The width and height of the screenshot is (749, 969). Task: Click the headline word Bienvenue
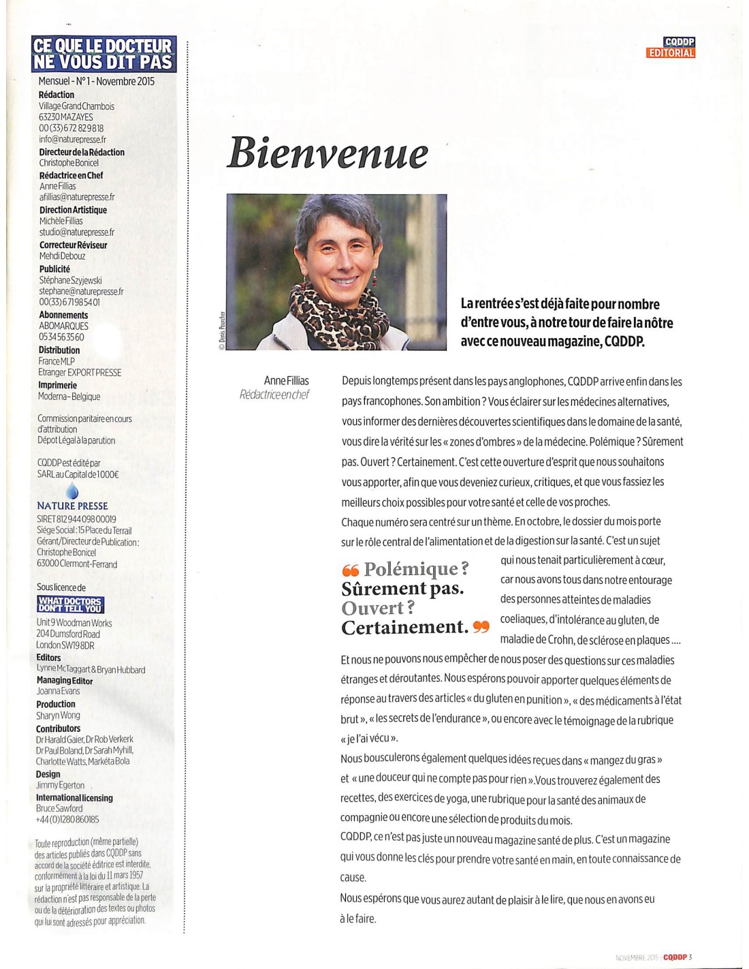coord(327,153)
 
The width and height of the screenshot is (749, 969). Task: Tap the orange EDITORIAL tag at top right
coord(671,53)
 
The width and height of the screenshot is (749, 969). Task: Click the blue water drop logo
coord(72,491)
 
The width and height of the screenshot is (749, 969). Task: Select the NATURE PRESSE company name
coord(72,506)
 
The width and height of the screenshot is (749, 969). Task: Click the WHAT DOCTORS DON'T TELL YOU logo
coord(70,604)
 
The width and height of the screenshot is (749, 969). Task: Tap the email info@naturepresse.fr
coord(72,139)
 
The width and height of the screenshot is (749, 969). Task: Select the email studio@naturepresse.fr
coord(76,232)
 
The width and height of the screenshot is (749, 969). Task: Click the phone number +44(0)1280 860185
coord(67,819)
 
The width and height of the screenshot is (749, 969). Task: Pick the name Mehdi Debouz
coord(63,256)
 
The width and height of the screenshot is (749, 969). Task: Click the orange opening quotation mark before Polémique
coord(350,570)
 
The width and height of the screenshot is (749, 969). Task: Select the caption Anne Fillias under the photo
coord(286,381)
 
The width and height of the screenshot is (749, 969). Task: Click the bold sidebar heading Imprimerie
coord(57,385)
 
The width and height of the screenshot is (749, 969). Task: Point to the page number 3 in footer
coord(690,957)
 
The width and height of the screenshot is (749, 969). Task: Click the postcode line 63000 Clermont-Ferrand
coord(77,564)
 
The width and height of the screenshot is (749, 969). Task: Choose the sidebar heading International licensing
coord(74,797)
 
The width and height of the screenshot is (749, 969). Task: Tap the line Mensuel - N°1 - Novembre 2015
coord(97,81)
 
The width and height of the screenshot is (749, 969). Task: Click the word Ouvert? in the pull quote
coord(378,608)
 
